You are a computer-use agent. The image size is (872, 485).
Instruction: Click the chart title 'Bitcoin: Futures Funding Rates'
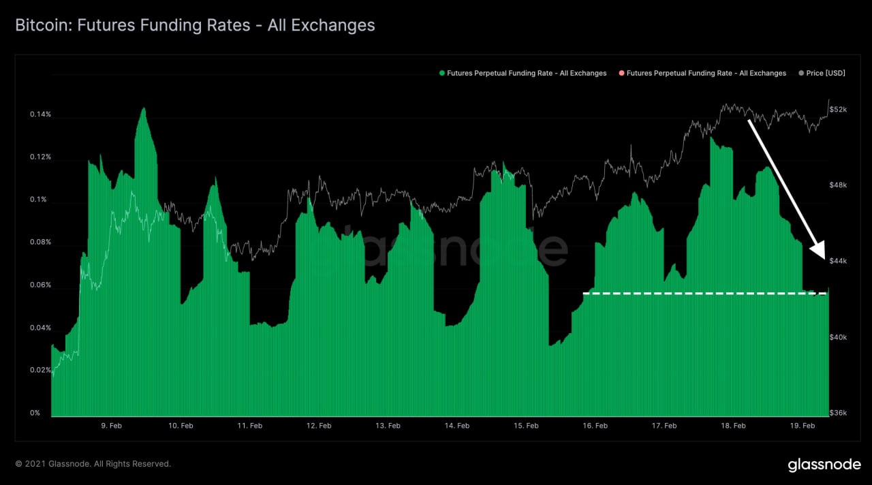(195, 26)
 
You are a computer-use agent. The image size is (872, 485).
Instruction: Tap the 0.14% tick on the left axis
(40, 114)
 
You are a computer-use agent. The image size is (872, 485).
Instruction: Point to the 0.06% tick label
(40, 285)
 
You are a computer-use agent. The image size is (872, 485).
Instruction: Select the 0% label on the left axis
(34, 413)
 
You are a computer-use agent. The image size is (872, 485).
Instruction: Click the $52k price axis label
(838, 110)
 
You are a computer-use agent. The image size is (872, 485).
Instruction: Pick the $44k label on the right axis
(838, 262)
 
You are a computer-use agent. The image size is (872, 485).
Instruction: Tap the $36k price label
(838, 413)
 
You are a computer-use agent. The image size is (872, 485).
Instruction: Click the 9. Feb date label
(112, 426)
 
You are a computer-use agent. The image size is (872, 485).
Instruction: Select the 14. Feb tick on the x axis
(457, 426)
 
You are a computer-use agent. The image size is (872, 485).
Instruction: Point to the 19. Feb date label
(803, 426)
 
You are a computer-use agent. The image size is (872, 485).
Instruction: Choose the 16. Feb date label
(595, 426)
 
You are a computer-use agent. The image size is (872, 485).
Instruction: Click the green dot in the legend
(442, 73)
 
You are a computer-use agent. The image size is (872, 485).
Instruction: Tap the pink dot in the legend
(621, 73)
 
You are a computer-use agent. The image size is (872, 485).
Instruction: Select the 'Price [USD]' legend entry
(825, 73)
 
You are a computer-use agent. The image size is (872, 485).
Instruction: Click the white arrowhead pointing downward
(818, 251)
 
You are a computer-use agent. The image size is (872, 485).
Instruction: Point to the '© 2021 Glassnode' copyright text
(93, 464)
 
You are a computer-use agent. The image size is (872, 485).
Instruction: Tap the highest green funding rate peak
(144, 109)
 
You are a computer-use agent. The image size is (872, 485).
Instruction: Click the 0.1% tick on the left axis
(40, 200)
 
